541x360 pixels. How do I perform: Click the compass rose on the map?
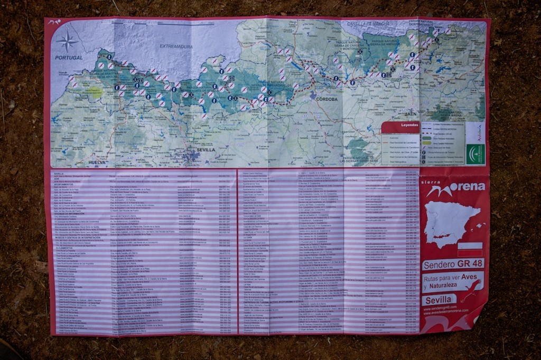tap(67, 41)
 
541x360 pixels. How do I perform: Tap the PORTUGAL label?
tap(69, 58)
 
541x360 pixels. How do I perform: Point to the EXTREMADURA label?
tap(176, 46)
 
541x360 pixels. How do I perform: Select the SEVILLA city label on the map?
tap(206, 149)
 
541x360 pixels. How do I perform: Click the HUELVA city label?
tap(97, 162)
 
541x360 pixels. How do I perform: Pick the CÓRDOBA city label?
tap(327, 99)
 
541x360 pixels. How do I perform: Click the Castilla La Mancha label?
tap(368, 24)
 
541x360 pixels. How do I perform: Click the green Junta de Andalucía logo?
tap(475, 154)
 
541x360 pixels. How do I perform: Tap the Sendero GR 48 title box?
tap(453, 264)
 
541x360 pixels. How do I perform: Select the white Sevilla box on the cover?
tap(439, 300)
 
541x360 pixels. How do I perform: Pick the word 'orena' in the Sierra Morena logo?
tap(468, 186)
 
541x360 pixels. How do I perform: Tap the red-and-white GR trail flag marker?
tap(470, 249)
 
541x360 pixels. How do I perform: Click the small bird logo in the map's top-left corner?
tap(54, 22)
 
